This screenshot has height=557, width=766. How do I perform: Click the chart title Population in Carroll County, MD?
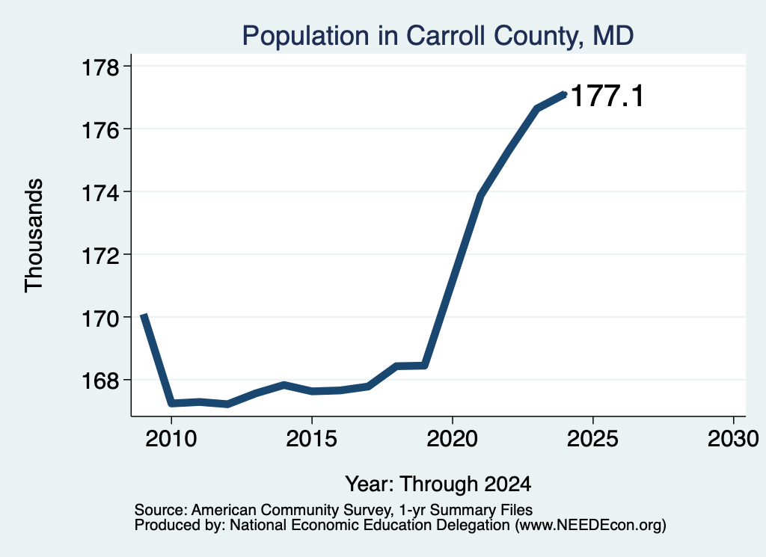[438, 36]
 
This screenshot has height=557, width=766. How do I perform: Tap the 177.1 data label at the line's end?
[607, 95]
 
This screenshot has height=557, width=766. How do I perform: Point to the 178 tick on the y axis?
[100, 67]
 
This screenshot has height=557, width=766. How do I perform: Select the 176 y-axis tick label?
[100, 130]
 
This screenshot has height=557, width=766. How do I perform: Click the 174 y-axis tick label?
[100, 193]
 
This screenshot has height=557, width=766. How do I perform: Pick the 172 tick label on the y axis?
[100, 255]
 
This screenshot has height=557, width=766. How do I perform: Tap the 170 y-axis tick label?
[100, 318]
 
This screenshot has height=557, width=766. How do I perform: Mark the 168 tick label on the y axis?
[100, 381]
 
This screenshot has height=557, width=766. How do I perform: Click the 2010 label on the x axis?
[171, 438]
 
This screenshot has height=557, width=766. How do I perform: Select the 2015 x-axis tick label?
[312, 438]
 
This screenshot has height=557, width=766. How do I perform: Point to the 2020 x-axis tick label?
[453, 438]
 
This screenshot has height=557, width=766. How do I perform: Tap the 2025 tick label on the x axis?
[592, 438]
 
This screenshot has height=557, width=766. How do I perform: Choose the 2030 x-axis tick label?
[733, 438]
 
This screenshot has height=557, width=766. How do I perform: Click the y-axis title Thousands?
[34, 236]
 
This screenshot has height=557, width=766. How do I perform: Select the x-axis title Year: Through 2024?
[438, 484]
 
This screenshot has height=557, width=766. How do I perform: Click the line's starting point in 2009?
[143, 316]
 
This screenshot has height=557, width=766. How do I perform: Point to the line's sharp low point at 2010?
[171, 403]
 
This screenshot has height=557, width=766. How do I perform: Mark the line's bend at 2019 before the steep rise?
[425, 365]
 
